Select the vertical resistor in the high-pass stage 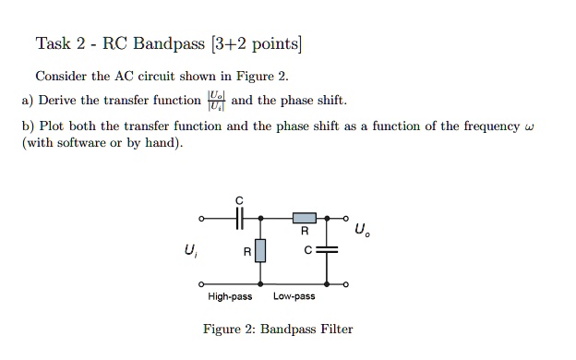click(x=260, y=250)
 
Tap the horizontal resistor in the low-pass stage click(x=305, y=219)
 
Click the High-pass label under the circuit click(x=230, y=297)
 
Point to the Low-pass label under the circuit click(x=294, y=297)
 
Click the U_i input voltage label click(x=192, y=249)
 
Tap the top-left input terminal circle click(x=201, y=219)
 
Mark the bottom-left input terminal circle click(x=201, y=284)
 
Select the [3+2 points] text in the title click(x=256, y=43)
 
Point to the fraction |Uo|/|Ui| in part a click(x=215, y=101)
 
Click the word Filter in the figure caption click(x=334, y=330)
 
